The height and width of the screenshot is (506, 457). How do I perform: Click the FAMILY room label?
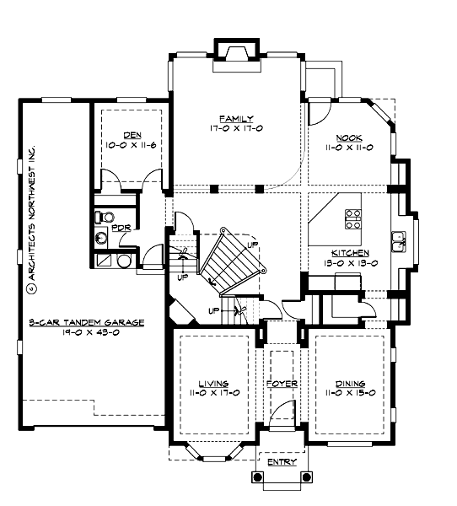[x=237, y=118]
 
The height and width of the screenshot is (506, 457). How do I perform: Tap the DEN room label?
[x=131, y=135]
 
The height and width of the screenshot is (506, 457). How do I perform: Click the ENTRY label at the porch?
[x=281, y=462]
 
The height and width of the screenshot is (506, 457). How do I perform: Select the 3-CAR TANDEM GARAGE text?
[x=85, y=323]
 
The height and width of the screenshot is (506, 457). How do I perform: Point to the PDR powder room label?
[x=119, y=227]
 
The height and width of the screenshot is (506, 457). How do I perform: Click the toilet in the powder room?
[x=101, y=216]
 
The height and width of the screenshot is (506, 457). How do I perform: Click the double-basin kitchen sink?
[x=397, y=242]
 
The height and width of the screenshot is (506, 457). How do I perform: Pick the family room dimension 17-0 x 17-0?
[x=237, y=128]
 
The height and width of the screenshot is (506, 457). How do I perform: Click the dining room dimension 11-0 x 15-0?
[x=348, y=393]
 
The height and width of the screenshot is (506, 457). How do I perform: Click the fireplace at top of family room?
[x=235, y=51]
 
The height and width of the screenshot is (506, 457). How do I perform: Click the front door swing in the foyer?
[x=284, y=413]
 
